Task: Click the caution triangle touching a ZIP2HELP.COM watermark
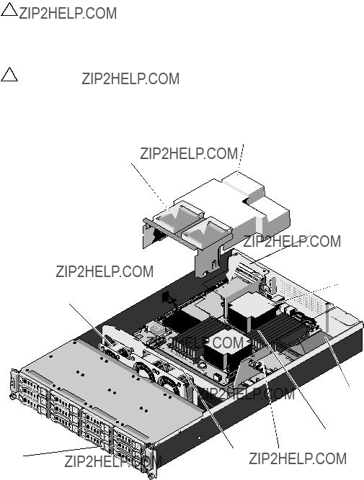point(9,10)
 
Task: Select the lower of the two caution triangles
point(9,75)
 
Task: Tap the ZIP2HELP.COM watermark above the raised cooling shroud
point(189,154)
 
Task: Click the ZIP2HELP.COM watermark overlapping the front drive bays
point(113,461)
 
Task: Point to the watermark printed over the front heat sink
point(195,343)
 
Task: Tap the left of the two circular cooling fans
point(146,371)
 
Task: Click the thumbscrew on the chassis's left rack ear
point(12,396)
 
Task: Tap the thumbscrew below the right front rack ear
point(151,476)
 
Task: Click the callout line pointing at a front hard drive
point(61,451)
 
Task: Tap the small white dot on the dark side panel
point(200,438)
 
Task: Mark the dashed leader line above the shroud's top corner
point(241,157)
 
